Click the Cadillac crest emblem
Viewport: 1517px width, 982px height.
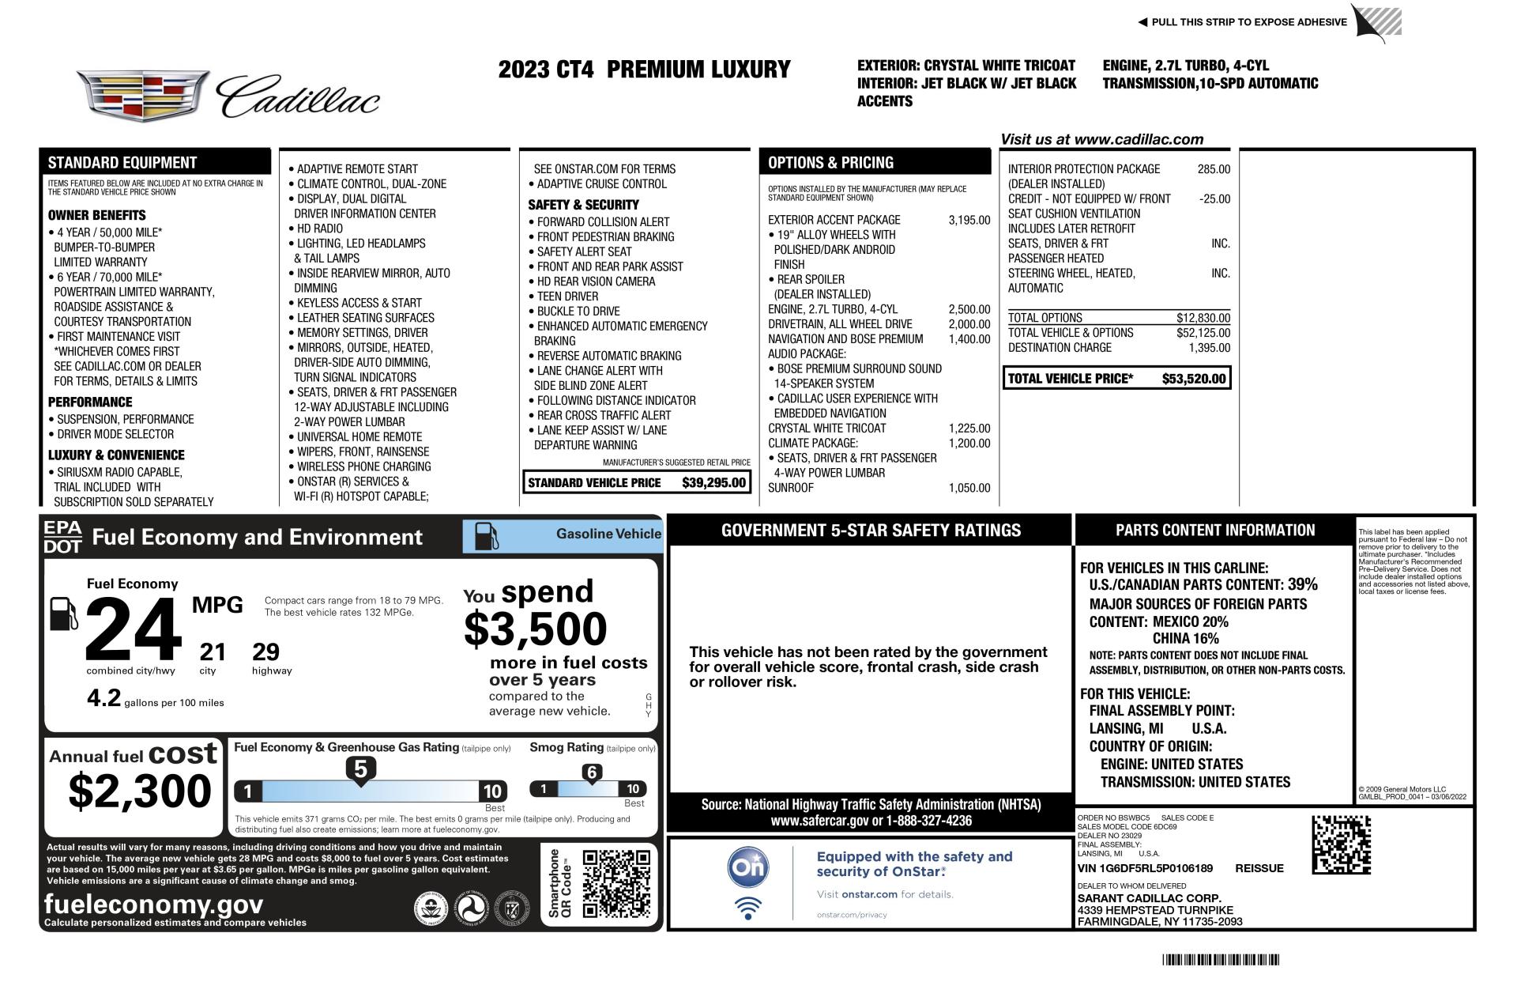pos(143,96)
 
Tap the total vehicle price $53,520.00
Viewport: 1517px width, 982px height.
pos(1193,379)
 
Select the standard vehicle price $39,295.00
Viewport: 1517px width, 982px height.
pos(713,482)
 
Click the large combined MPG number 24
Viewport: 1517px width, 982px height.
pos(133,629)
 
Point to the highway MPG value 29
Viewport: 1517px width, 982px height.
pos(265,652)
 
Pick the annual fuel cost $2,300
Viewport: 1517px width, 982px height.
pos(140,790)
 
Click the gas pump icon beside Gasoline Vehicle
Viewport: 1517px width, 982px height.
pos(486,536)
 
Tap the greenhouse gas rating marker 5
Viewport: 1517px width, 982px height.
pos(360,769)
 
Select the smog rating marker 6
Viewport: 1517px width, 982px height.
pos(591,772)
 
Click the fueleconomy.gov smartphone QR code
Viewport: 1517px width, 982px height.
pos(616,884)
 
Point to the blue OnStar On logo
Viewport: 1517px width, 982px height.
pos(747,868)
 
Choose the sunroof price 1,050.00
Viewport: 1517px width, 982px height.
pos(969,488)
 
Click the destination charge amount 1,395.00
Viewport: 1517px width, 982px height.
pos(1209,348)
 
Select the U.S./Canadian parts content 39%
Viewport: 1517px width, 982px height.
pos(1302,585)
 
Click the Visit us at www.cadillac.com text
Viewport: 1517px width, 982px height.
pos(1101,140)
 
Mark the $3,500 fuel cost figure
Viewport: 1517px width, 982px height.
pos(535,629)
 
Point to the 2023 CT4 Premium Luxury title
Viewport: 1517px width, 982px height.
pos(644,70)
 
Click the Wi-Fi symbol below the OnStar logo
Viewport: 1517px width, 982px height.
pos(747,908)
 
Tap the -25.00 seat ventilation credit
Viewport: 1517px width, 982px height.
pos(1214,199)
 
